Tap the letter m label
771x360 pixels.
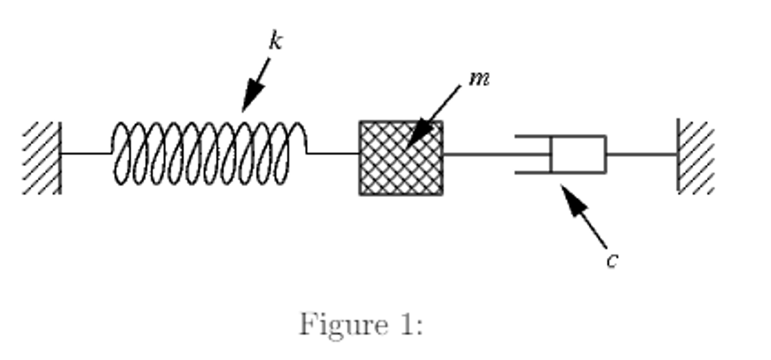click(x=479, y=79)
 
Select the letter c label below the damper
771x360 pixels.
click(x=612, y=260)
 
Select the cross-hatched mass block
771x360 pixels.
click(x=401, y=158)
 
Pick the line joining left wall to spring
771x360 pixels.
click(x=86, y=153)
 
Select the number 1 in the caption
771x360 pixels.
click(x=407, y=324)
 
